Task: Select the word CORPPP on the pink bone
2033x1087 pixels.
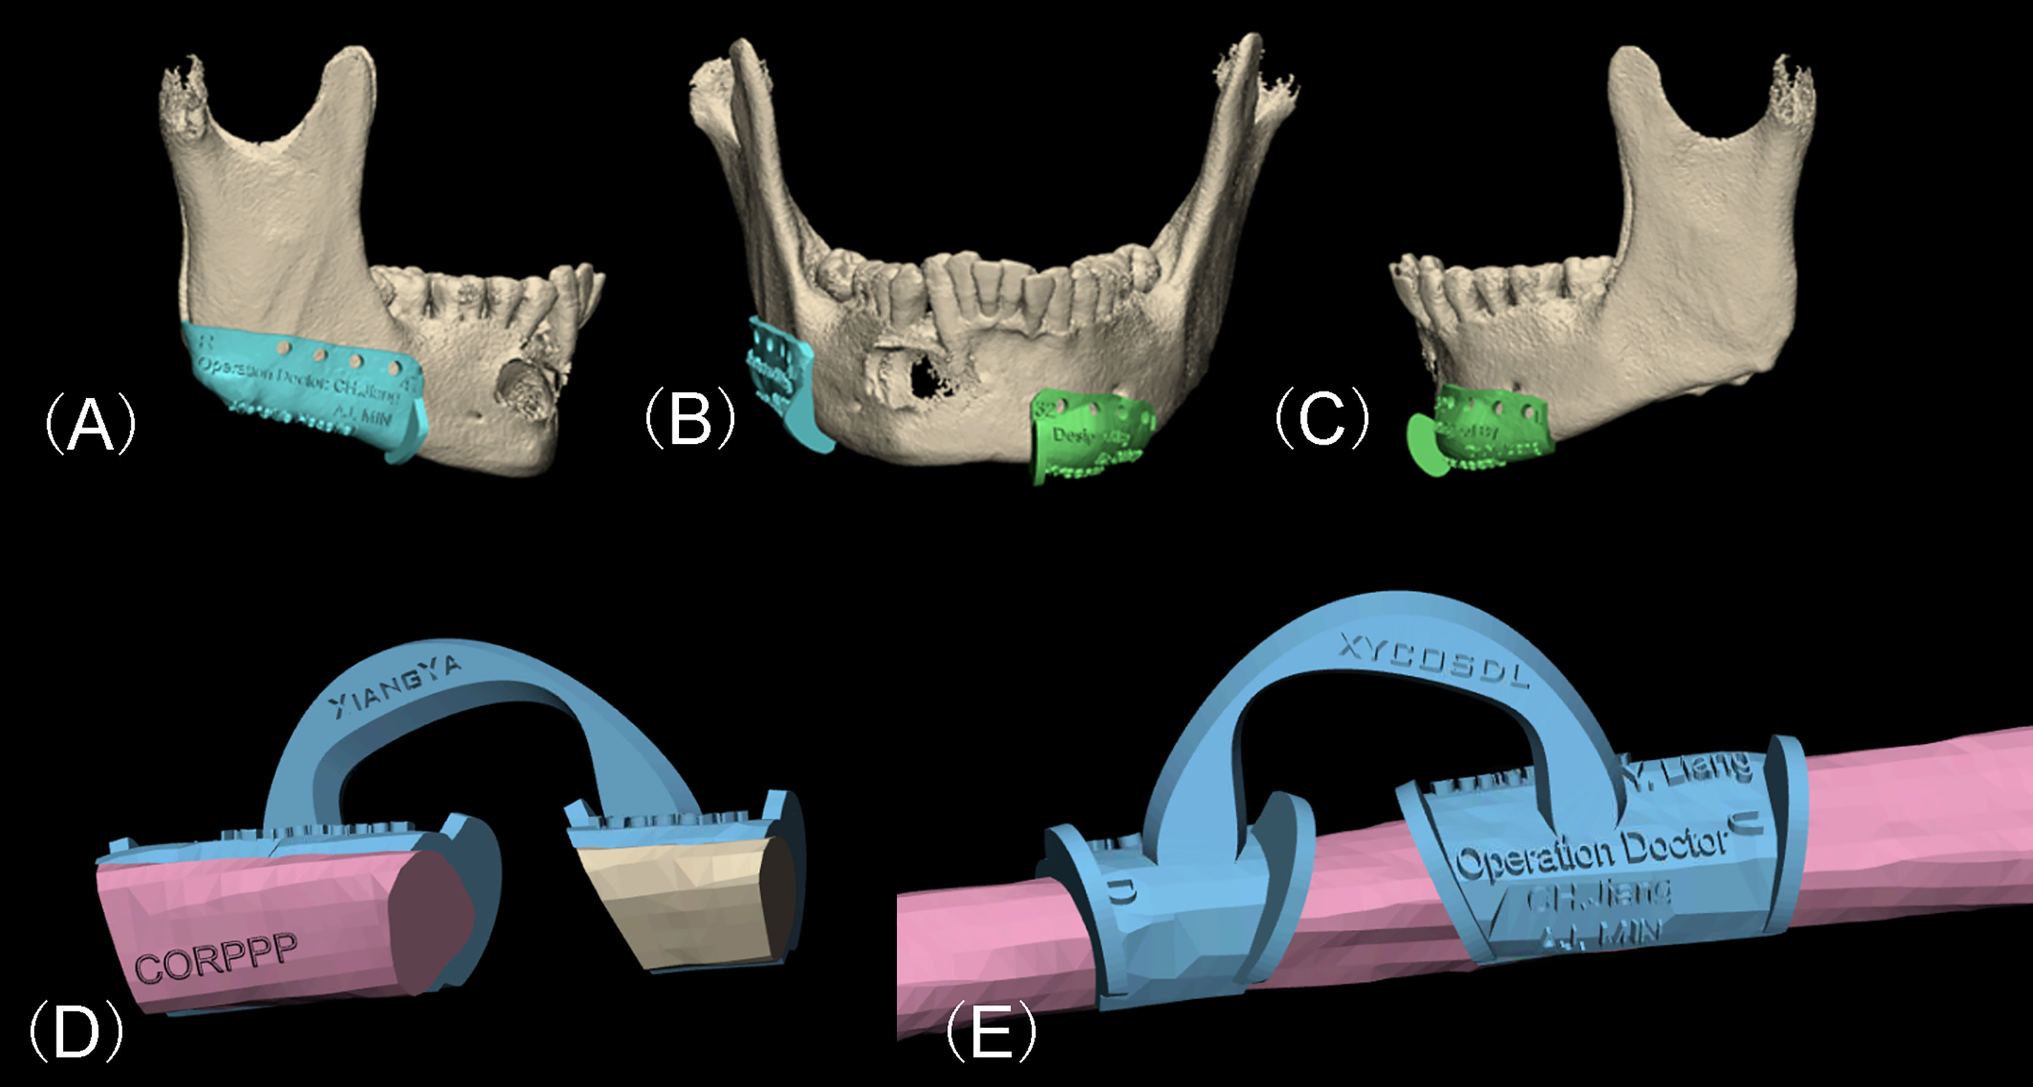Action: (x=217, y=957)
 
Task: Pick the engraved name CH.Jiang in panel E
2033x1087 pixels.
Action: (x=1598, y=897)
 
